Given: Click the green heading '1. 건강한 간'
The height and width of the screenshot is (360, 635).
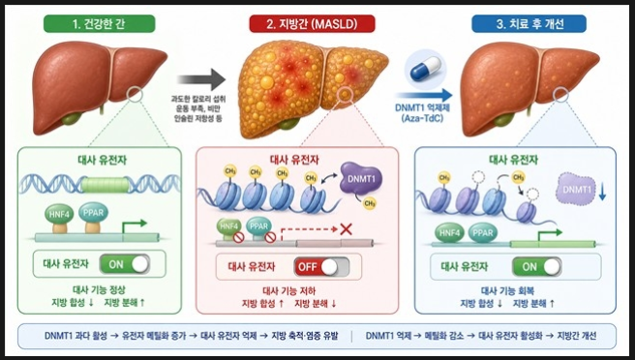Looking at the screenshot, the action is coord(99,24).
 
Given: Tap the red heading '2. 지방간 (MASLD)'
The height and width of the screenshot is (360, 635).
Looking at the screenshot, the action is coord(312,24).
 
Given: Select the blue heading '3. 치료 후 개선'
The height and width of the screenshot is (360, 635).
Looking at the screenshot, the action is coord(529,24).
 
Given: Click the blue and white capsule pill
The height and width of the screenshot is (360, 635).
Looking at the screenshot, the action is coord(425,70).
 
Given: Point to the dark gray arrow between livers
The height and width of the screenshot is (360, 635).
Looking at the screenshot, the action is coord(201,79).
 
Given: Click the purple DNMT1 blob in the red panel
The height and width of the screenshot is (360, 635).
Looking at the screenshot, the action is coord(361,178).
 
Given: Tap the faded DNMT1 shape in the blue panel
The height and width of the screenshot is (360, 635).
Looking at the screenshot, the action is coord(577,189).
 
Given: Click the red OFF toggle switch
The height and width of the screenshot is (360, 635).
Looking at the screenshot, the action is coord(321,267).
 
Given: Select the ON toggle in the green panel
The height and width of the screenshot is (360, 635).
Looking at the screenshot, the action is coord(125,264).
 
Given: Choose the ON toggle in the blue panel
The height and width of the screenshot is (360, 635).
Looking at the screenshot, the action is coord(537,267).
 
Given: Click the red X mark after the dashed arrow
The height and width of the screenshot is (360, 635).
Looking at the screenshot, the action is coord(346,229).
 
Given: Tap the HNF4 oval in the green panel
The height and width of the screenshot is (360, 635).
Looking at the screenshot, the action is coord(59,215).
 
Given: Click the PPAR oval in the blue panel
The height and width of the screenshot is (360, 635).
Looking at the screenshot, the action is coord(483,233).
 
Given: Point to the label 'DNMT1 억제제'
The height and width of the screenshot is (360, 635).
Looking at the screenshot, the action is coord(423,108).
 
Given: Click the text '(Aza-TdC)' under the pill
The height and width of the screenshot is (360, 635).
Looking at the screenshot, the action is coord(423,118).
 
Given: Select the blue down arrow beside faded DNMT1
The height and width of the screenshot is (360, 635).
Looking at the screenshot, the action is coord(602,192).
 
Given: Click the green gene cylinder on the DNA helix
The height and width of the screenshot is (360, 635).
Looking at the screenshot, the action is coord(105,185).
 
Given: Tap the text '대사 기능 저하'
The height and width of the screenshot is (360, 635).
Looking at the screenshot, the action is coord(289,290).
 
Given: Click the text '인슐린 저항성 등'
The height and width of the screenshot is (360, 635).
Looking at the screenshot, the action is coord(198,119).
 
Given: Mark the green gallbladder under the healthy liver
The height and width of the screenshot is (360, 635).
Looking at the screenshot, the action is coord(72,120).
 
